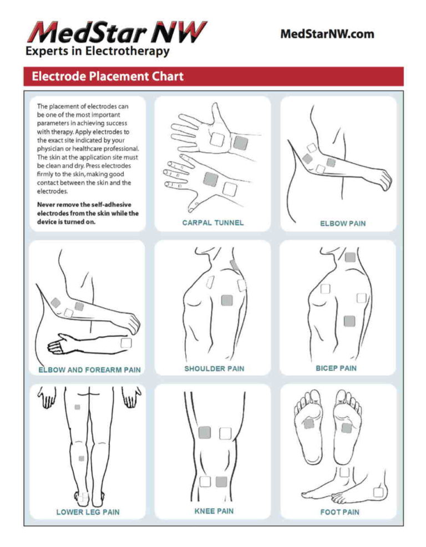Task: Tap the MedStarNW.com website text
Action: (x=327, y=34)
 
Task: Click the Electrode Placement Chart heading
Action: (x=108, y=76)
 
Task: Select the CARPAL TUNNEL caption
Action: (x=212, y=223)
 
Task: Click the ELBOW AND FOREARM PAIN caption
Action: (x=89, y=369)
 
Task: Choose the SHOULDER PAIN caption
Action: (x=214, y=368)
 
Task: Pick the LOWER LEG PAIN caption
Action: (x=88, y=512)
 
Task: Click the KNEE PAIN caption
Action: (x=214, y=511)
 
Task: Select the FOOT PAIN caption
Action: (x=339, y=512)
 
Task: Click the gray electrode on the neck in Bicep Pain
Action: (x=350, y=257)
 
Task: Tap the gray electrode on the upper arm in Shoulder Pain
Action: (x=227, y=300)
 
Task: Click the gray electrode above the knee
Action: (x=204, y=433)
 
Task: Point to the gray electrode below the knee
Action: (x=221, y=482)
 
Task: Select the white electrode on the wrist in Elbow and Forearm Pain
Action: (x=126, y=343)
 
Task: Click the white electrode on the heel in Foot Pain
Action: (x=379, y=492)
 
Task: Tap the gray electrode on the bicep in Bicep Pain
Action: (x=349, y=321)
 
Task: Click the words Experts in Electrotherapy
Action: (x=97, y=52)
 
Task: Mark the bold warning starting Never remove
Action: (x=88, y=213)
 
